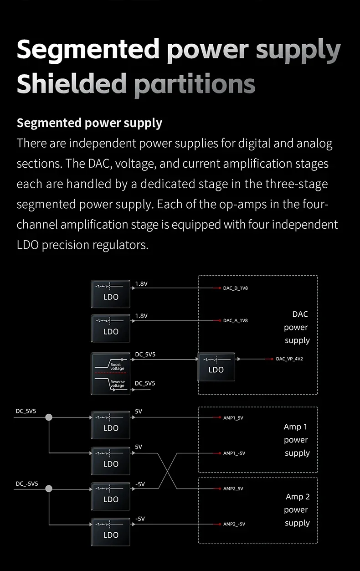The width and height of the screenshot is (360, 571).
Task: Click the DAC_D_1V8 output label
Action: pyautogui.click(x=235, y=288)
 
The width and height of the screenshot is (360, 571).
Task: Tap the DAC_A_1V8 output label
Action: pyautogui.click(x=235, y=320)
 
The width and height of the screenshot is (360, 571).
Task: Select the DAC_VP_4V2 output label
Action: pyautogui.click(x=289, y=359)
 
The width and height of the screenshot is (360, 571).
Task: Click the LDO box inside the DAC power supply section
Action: pyautogui.click(x=216, y=367)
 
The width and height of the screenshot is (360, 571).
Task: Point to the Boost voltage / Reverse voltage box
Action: pyautogui.click(x=111, y=374)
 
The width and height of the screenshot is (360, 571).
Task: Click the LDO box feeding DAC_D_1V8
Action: pyautogui.click(x=111, y=294)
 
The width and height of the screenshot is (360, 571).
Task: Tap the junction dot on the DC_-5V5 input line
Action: pyautogui.click(x=49, y=489)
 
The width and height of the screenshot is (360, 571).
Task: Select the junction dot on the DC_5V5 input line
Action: pyautogui.click(x=49, y=417)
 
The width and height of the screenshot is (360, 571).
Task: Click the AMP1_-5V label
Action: pyautogui.click(x=234, y=453)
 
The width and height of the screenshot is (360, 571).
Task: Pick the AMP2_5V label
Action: pyautogui.click(x=233, y=489)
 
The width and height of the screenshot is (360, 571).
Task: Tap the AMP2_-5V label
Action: pyautogui.click(x=234, y=524)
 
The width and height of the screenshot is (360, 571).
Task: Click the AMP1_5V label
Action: pyautogui.click(x=233, y=418)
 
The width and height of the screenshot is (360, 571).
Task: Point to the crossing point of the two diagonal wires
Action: pyautogui.click(x=168, y=471)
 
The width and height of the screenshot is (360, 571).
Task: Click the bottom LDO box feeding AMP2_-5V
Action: pyautogui.click(x=111, y=532)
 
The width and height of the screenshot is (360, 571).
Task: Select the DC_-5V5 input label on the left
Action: pyautogui.click(x=27, y=484)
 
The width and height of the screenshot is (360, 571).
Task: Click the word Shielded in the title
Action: pyautogui.click(x=72, y=83)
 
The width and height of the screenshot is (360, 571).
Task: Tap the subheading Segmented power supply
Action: pyautogui.click(x=89, y=123)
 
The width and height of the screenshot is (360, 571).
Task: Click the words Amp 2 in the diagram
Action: pyautogui.click(x=298, y=497)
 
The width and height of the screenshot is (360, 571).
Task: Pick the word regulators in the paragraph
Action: pyautogui.click(x=120, y=245)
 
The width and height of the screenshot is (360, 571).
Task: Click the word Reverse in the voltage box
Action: pyautogui.click(x=117, y=381)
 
